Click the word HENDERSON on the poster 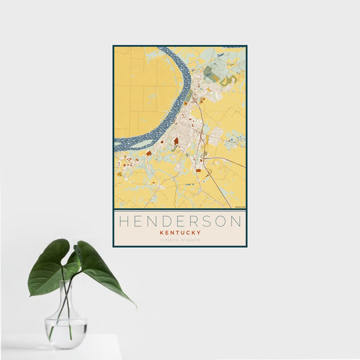179,221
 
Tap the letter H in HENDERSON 124,221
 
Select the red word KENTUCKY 180,233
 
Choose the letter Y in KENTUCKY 198,233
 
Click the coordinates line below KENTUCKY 180,241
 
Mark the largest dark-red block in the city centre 176,141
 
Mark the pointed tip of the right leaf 135,306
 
